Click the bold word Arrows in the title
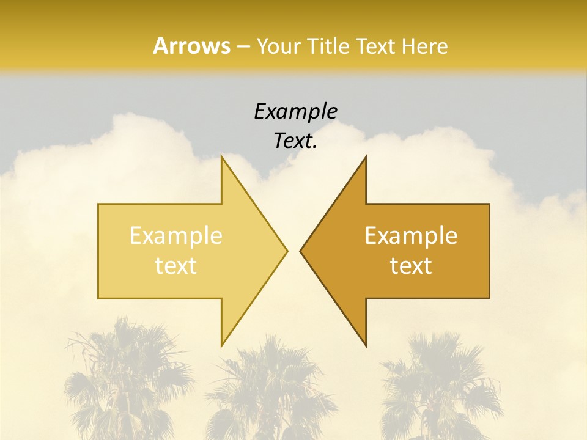(x=191, y=46)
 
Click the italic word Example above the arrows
(x=295, y=111)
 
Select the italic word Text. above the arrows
(x=295, y=141)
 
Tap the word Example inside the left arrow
(x=176, y=235)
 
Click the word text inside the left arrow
(x=176, y=266)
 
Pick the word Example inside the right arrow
(x=411, y=235)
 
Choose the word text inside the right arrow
(x=411, y=266)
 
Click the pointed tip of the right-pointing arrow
(x=287, y=251)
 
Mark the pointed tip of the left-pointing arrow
(x=300, y=251)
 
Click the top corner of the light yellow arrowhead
(x=222, y=156)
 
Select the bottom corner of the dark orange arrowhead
(x=366, y=346)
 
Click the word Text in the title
(x=376, y=46)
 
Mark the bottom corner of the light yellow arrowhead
(x=222, y=346)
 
